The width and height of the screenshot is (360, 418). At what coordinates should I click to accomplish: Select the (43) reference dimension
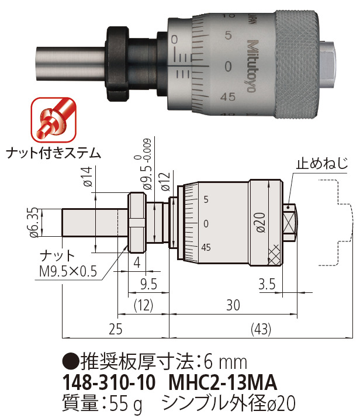coord(260,330)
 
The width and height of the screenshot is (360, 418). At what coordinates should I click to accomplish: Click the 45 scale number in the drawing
coord(206,247)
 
